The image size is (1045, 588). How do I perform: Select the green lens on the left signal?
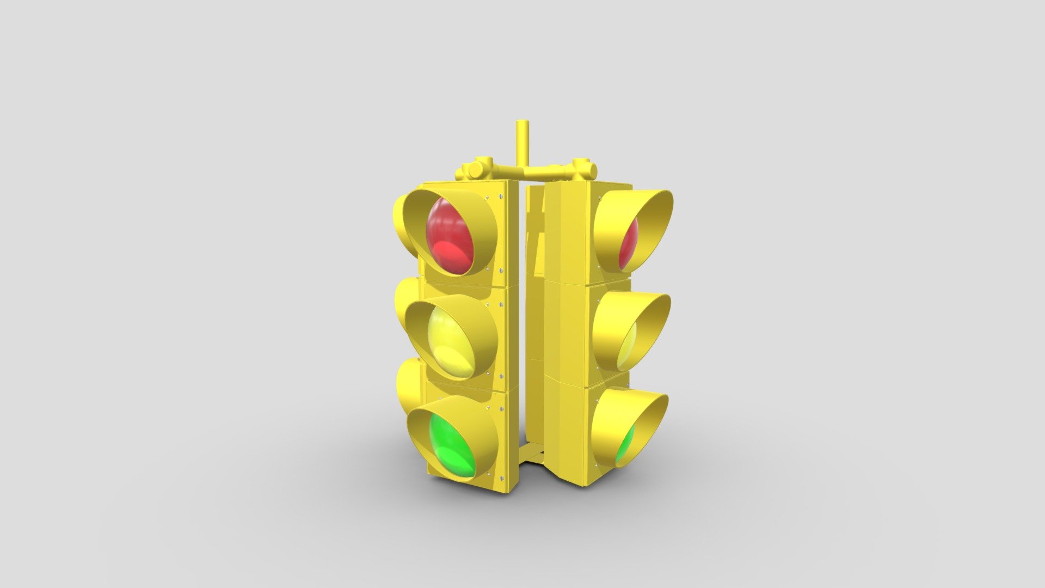click(451, 446)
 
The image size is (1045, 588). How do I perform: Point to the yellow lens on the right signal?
click(628, 345)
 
